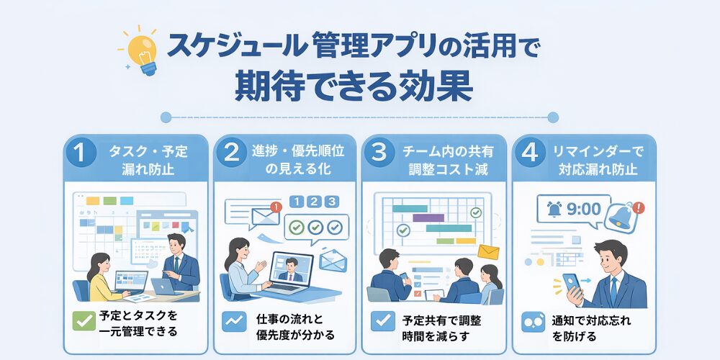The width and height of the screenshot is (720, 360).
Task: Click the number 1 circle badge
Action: point(81,153)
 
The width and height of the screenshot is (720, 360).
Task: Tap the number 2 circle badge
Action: point(231,153)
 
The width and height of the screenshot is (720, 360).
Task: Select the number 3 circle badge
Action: point(379,153)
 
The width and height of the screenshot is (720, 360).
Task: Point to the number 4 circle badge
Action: point(530,153)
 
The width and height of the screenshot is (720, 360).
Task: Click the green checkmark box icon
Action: point(84,321)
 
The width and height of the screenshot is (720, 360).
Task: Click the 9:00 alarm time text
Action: point(584,210)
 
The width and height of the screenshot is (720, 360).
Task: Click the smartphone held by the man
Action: point(571,284)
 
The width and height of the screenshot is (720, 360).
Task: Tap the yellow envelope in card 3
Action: point(488,251)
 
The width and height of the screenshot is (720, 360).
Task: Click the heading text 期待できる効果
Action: point(354,86)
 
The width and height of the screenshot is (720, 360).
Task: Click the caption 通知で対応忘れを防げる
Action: point(591,328)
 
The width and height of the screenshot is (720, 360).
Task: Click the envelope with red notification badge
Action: point(266,214)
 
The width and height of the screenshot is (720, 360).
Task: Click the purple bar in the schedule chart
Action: point(428,217)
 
